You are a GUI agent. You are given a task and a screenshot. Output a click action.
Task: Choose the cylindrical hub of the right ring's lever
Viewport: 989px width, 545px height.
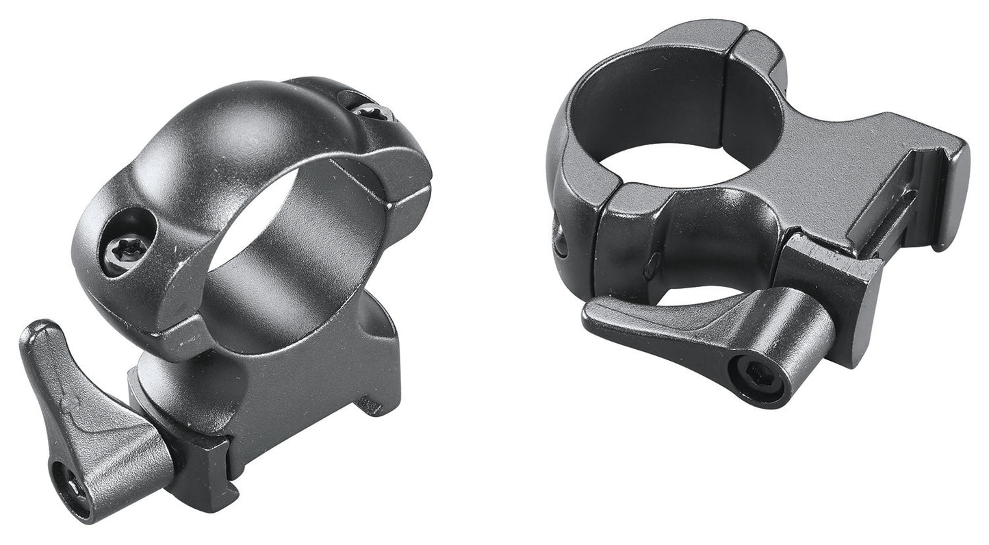787,342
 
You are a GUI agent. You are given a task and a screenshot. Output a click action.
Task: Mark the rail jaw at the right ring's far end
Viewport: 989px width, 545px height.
948,185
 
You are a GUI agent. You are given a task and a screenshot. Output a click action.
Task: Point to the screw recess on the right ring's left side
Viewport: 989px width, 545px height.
560,240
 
